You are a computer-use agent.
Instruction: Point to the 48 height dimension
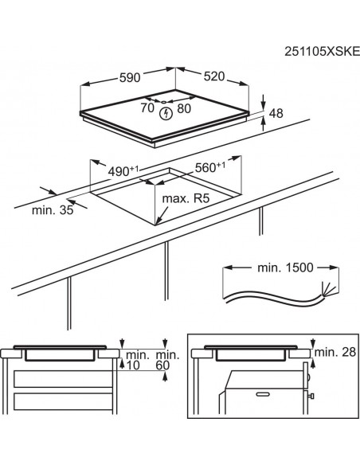point(276,114)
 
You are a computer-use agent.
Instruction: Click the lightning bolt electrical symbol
point(166,113)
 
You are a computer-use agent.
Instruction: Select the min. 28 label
point(333,352)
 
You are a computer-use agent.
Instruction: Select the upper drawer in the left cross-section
point(60,377)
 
